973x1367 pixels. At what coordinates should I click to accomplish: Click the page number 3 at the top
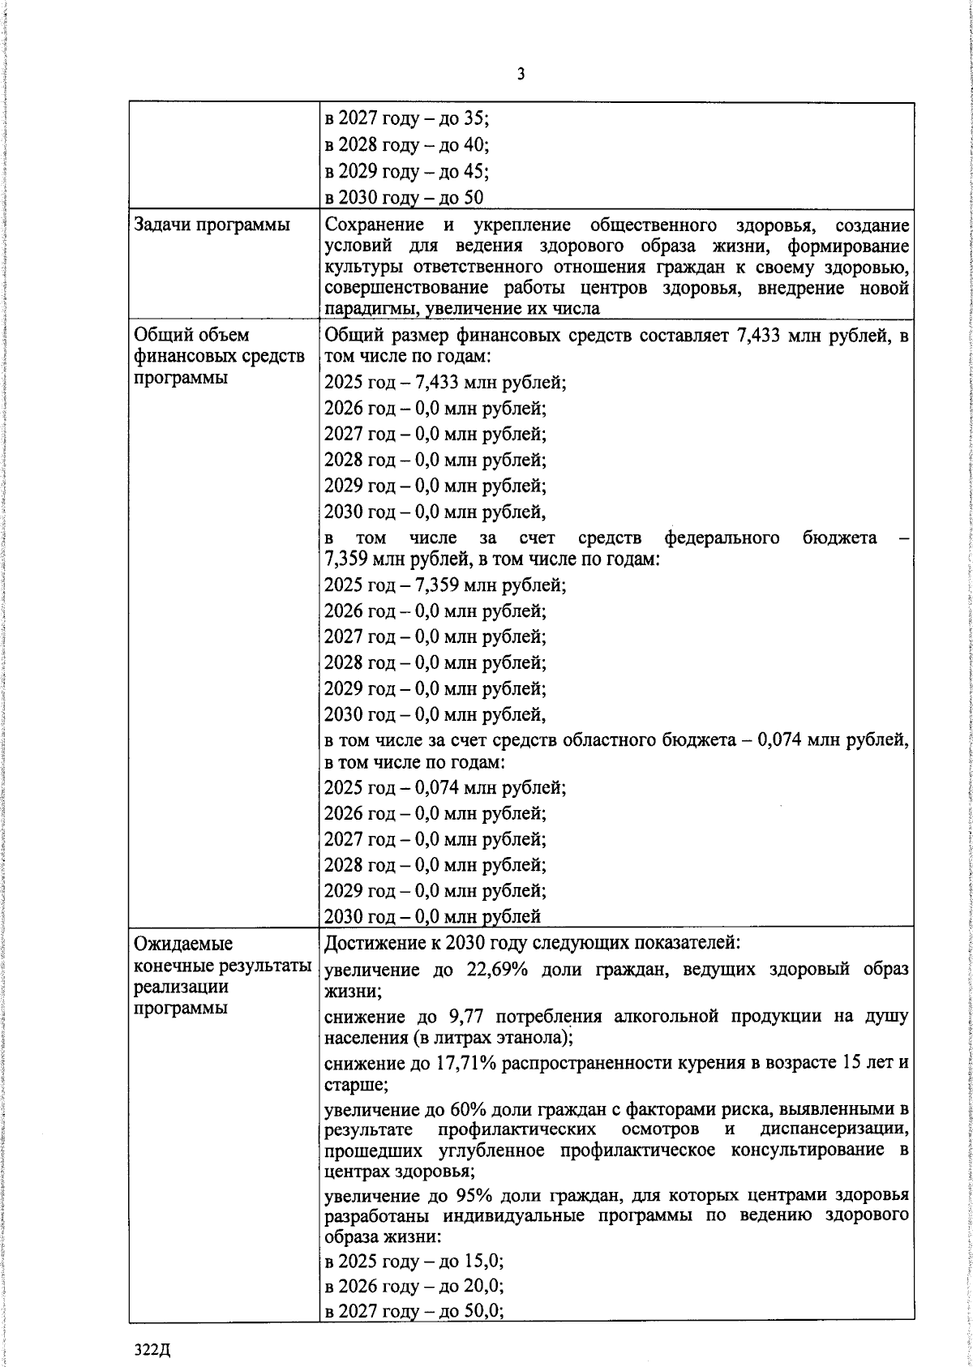coord(521,75)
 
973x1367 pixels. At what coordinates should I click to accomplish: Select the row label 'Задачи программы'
coord(212,225)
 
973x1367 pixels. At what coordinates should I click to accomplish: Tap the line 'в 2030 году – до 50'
coord(404,197)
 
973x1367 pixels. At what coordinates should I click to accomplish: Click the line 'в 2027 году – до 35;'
coord(406,118)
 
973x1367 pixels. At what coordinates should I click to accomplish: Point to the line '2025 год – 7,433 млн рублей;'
coord(444,382)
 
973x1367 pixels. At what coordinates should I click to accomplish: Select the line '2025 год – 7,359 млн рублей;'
coord(444,585)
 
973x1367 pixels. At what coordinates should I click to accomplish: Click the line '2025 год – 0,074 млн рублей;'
coord(444,787)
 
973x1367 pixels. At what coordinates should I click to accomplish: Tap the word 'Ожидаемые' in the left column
coord(182,944)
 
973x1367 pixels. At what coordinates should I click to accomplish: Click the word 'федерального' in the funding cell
coord(722,538)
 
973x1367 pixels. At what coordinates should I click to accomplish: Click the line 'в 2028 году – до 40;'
coord(406,145)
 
